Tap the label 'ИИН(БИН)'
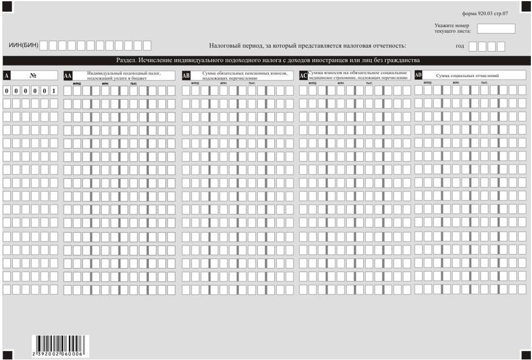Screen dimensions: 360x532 (x=23, y=45)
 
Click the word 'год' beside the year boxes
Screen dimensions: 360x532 (x=460, y=46)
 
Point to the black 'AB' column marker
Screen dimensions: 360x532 (x=185, y=75)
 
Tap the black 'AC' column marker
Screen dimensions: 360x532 (x=303, y=75)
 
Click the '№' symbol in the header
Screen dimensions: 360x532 (x=33, y=75)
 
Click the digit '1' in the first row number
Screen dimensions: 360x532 (x=53, y=91)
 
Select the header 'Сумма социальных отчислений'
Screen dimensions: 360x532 (x=467, y=75)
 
